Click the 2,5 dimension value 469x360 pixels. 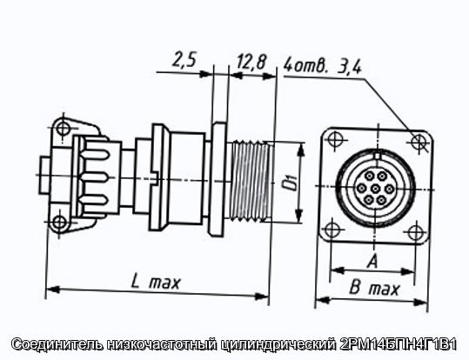pos(184,60)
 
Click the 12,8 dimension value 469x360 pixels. pos(251,63)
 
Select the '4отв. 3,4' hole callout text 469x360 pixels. pos(323,67)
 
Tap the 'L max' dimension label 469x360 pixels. pos(156,283)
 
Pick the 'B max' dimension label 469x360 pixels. pos(374,289)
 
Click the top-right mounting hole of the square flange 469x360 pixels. pos(419,141)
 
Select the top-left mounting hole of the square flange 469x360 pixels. pos(333,139)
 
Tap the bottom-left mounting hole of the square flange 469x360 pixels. pos(332,230)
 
